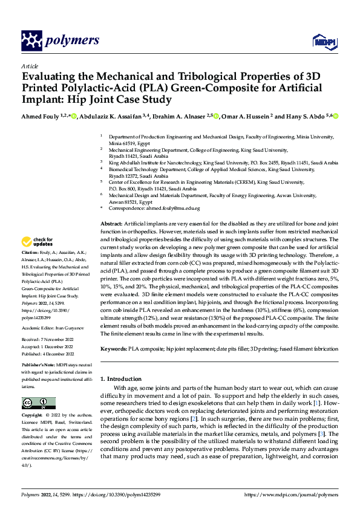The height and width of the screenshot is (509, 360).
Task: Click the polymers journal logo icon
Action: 33,41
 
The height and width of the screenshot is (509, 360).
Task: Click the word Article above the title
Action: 29,66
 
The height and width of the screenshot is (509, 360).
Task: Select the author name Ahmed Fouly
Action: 40,117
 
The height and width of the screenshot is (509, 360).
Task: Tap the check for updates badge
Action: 38,242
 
